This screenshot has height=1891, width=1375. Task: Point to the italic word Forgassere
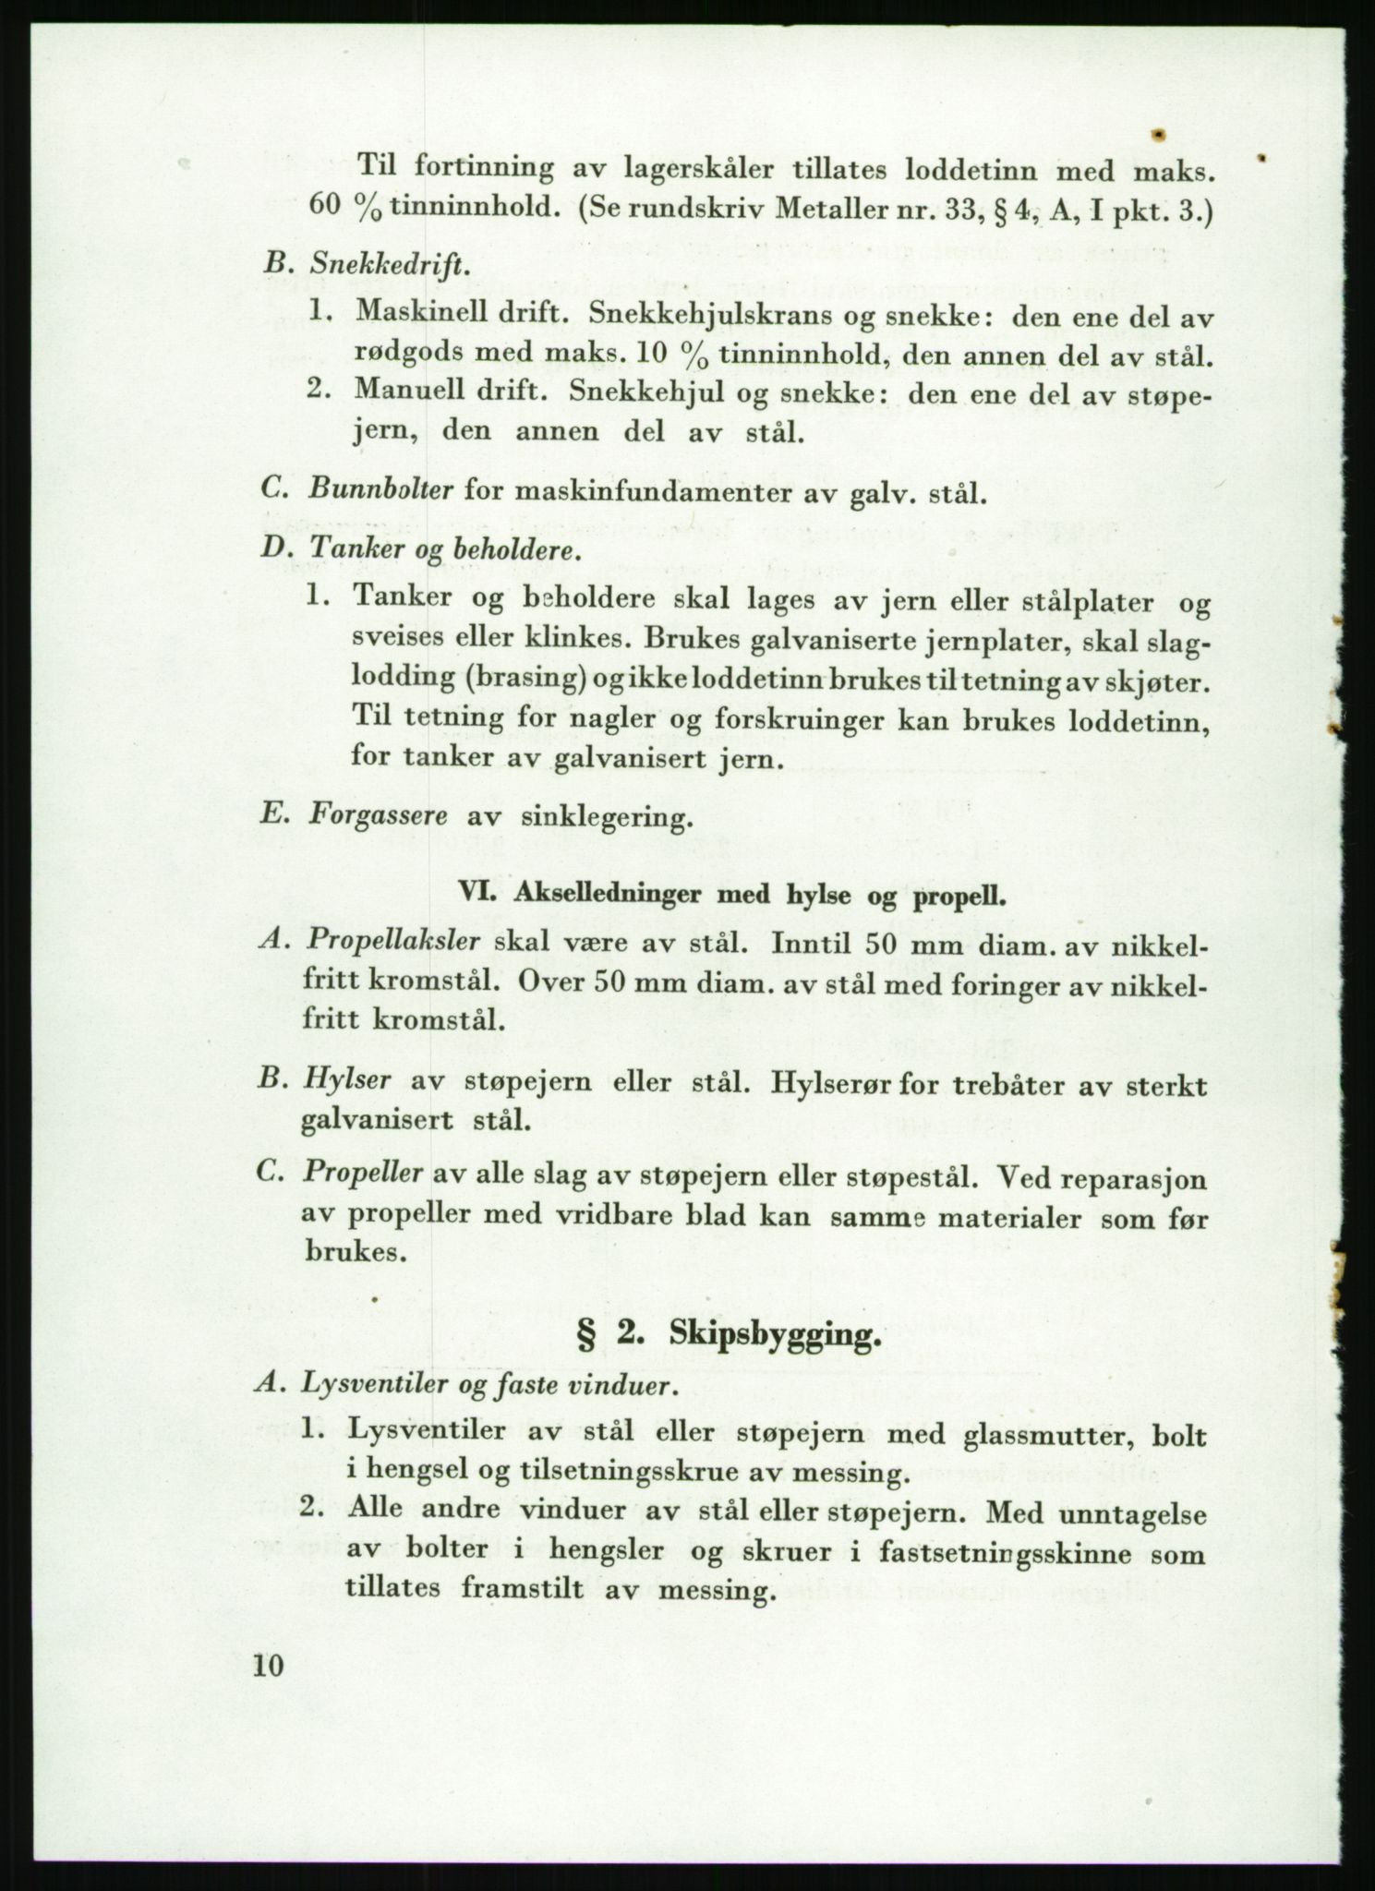point(380,816)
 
